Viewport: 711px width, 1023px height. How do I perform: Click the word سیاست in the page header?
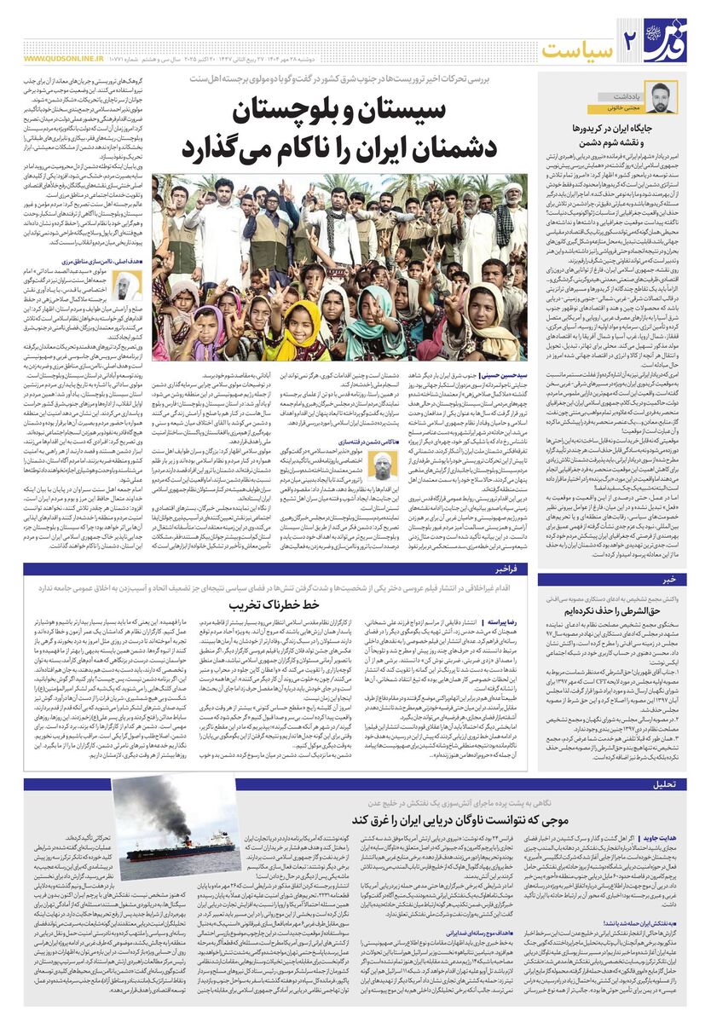pos(579,49)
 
